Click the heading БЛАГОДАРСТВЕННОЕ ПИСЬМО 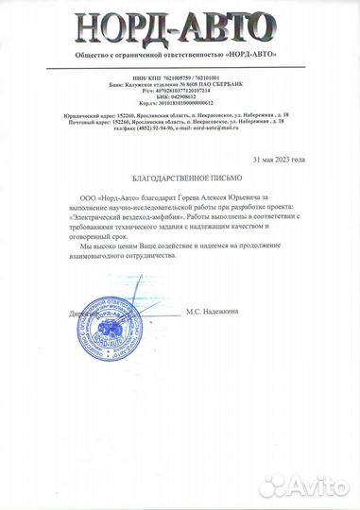[179, 178]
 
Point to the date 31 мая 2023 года [292, 161]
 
